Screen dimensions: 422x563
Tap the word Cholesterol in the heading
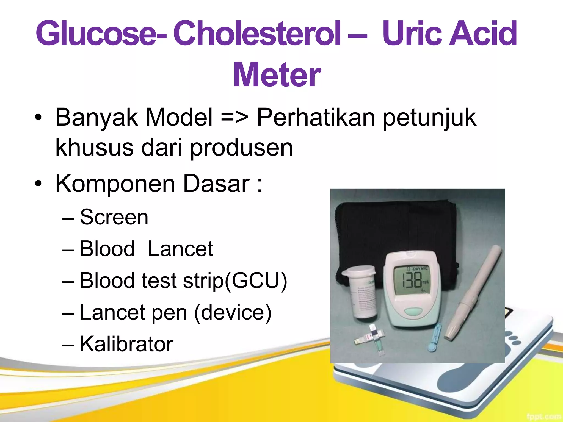(257, 34)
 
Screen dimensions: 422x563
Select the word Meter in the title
(277, 75)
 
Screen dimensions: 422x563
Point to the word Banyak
(96, 118)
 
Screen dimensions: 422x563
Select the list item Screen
(114, 217)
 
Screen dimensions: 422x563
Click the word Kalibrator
(126, 344)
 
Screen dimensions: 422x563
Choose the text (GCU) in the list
(256, 281)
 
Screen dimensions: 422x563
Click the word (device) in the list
(233, 312)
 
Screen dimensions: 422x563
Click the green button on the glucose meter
(413, 311)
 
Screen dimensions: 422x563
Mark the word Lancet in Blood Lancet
(180, 249)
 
